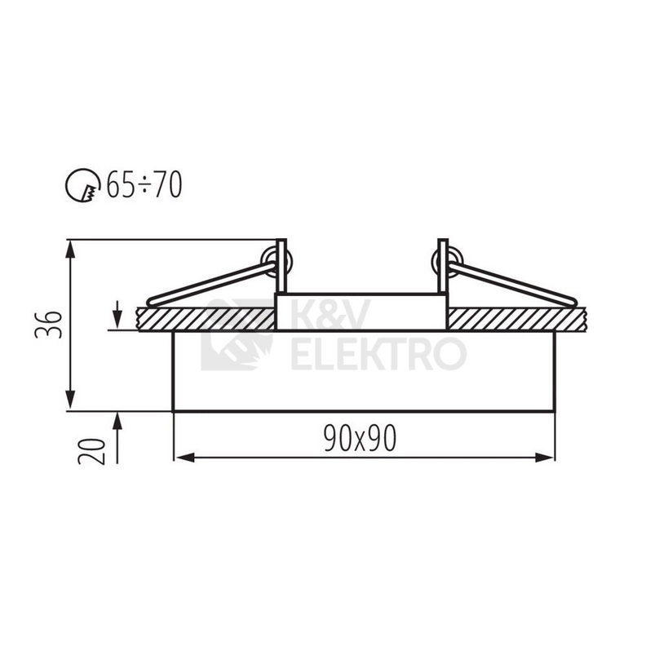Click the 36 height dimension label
49,325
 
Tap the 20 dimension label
91,451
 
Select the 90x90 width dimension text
360,438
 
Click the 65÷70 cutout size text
144,185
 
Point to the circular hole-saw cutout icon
82,185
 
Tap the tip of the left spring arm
150,302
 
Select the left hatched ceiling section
206,319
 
